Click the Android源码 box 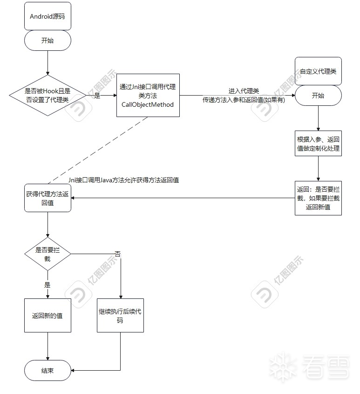[48, 17]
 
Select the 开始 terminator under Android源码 [48, 41]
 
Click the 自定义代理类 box [318, 72]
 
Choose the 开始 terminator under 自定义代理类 [318, 95]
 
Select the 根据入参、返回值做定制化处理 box [318, 143]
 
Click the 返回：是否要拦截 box [318, 198]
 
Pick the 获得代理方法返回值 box [48, 198]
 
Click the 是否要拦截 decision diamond [48, 254]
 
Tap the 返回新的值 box [48, 315]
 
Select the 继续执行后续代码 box [120, 315]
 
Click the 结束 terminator [48, 371]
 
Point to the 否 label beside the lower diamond [117, 254]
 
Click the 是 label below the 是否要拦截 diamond [48, 284]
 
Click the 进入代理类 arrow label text [244, 91]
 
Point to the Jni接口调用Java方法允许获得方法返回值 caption [124, 180]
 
